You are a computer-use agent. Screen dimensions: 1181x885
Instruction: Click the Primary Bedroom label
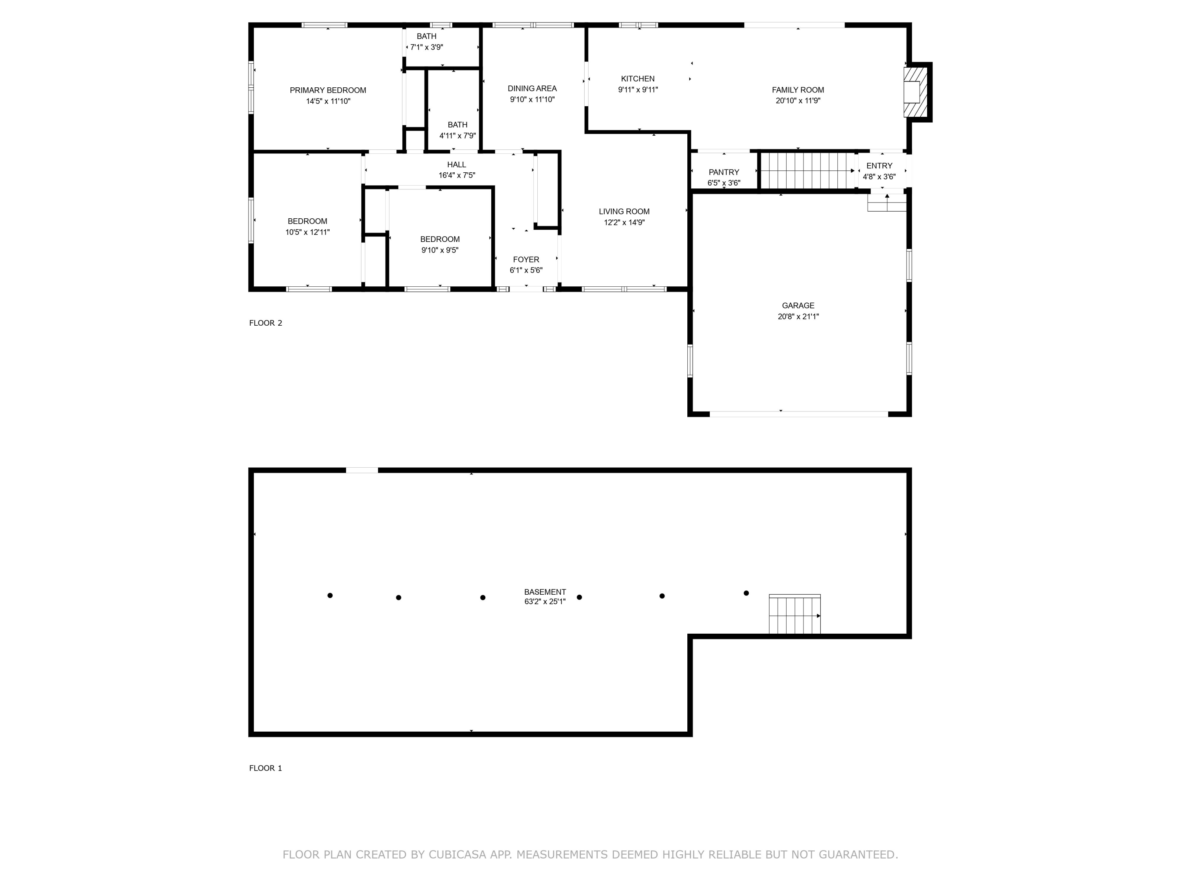coord(328,90)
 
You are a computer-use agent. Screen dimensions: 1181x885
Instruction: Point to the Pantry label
coord(724,172)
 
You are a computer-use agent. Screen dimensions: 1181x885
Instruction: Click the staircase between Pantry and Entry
coord(808,171)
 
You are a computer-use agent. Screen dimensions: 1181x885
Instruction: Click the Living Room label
coord(624,212)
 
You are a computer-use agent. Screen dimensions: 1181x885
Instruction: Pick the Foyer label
coord(526,260)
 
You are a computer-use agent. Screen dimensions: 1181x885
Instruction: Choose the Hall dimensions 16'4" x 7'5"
coord(457,175)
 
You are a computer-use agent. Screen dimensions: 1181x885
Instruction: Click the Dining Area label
coord(532,88)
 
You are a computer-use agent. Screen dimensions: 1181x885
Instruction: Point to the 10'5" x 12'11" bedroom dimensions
coord(307,232)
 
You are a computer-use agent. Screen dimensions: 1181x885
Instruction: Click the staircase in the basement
coord(794,614)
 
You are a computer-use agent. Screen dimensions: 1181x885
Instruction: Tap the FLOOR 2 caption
coord(265,323)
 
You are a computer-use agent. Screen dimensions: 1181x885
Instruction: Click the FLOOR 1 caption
coord(265,768)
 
